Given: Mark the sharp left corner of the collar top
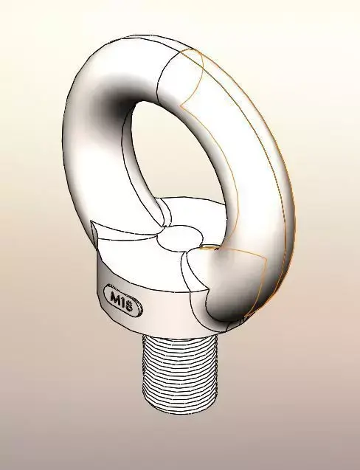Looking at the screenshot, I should click(89, 222).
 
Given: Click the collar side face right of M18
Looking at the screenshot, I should click(166, 310).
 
